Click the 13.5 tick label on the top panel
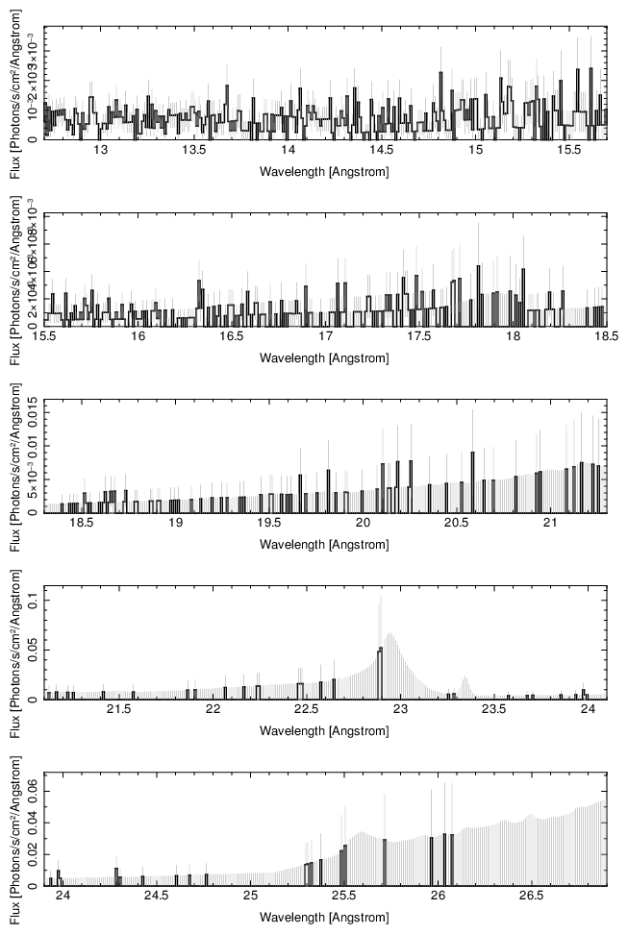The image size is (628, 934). coord(193,151)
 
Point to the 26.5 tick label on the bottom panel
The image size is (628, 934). coord(532,897)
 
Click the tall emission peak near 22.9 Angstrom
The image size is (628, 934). coord(381,601)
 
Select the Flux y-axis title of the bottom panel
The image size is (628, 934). coord(13,829)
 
